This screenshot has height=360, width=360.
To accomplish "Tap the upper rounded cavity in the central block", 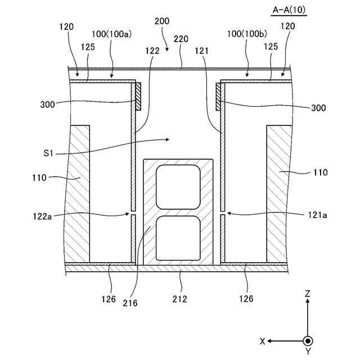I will click(179, 187).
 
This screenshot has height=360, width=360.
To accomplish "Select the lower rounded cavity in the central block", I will click(179, 238).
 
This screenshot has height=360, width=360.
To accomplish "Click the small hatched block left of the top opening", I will click(137, 96).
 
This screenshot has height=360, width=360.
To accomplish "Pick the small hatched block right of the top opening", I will click(218, 96).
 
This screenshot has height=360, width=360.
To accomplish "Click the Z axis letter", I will click(308, 294).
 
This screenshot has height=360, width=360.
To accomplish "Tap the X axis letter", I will click(263, 341).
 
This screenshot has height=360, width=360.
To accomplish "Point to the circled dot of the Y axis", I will click(308, 341).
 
